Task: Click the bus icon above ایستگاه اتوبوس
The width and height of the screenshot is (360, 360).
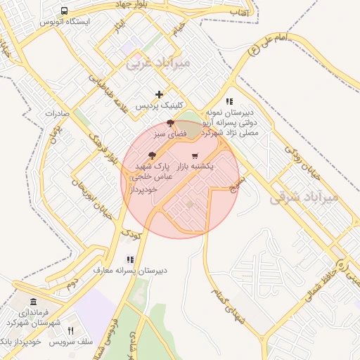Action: coord(64,11)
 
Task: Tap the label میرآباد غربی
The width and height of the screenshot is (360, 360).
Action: coord(157,64)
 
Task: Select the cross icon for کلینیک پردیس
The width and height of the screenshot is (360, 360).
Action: coord(160,94)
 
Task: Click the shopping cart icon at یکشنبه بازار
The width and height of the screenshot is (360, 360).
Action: coord(195,155)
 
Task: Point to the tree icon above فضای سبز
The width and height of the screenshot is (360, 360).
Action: coord(170,123)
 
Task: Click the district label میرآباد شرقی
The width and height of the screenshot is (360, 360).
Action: coord(304,198)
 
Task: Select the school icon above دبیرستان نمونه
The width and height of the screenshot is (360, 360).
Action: coord(229,101)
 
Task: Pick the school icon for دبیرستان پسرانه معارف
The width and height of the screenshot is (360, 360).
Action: coord(129,259)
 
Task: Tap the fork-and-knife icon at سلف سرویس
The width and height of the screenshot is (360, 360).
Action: coord(70,330)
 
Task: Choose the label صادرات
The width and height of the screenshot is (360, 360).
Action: coord(55,112)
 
